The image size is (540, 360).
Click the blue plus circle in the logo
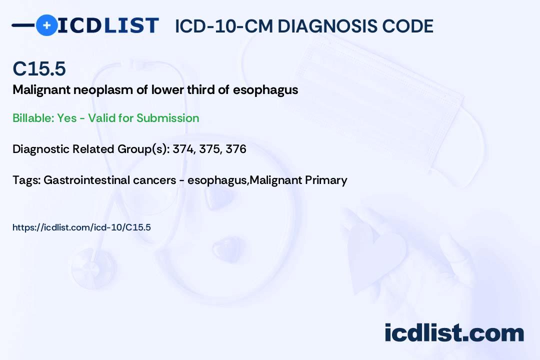[46, 25]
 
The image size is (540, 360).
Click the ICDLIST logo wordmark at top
[108, 25]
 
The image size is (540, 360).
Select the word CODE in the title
[401, 26]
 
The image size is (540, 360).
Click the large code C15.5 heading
[39, 68]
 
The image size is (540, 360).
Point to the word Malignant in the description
[41, 90]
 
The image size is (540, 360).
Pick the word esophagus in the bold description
[265, 90]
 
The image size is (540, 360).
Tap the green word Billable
[33, 118]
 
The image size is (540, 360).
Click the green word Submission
[167, 118]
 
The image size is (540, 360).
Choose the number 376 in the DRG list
[236, 149]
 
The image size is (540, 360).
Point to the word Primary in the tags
[326, 180]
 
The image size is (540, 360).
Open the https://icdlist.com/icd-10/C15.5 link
[81, 227]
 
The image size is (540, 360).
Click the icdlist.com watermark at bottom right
[454, 333]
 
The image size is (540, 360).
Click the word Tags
[26, 180]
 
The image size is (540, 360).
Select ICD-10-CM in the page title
[224, 26]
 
